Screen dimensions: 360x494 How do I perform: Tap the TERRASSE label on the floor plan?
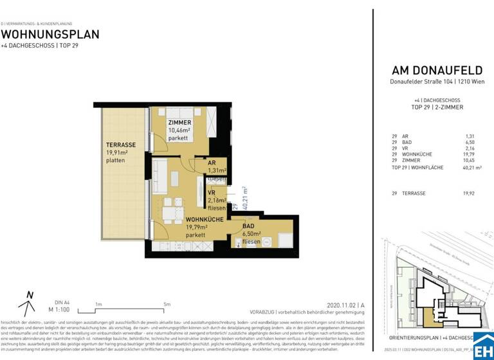tap(120, 145)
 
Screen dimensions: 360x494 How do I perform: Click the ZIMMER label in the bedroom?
tap(179, 122)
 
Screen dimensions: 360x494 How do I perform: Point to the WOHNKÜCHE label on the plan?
tap(187, 219)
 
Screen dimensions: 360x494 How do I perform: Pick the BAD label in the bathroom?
tap(248, 226)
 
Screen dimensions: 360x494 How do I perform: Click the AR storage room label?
tap(212, 163)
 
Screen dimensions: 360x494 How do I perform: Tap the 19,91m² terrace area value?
tap(118, 153)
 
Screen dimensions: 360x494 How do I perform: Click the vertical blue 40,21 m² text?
tap(245, 199)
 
